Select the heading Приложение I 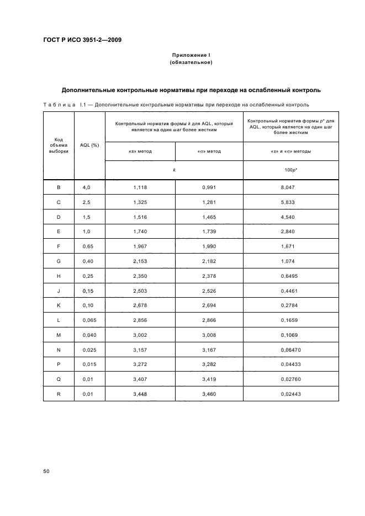[191, 55]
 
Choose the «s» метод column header [140, 151]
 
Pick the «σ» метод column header [209, 151]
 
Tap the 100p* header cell [292, 170]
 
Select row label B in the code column [59, 188]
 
